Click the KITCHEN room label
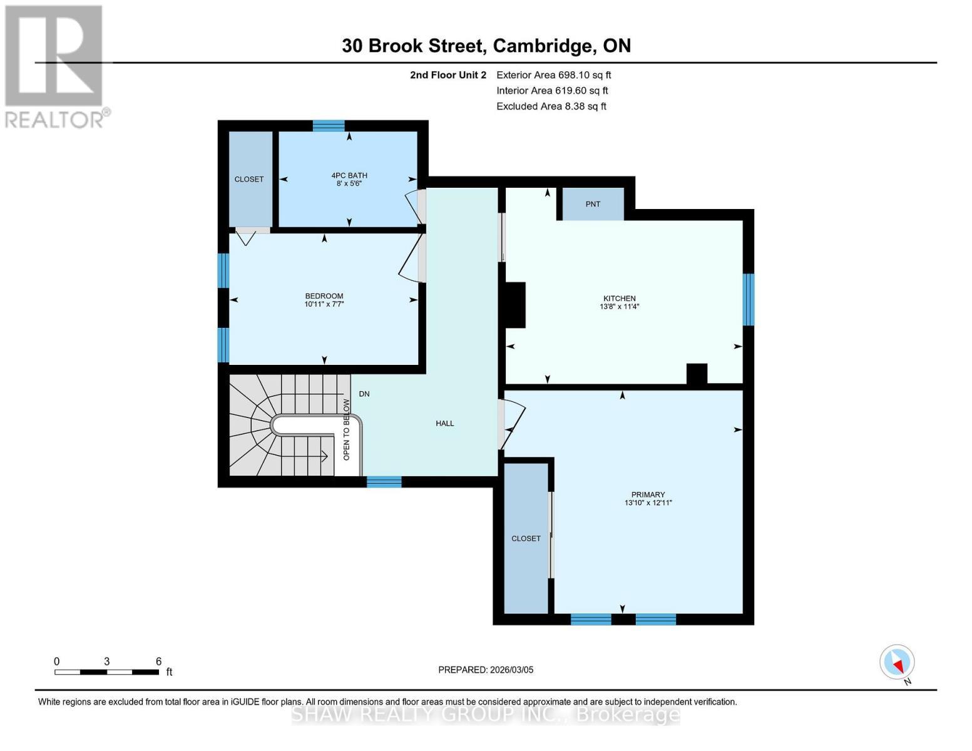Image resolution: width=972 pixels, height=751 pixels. (619, 299)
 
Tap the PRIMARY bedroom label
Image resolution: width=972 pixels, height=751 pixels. (648, 494)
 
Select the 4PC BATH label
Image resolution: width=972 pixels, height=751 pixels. (349, 176)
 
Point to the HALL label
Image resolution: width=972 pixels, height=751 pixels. (445, 424)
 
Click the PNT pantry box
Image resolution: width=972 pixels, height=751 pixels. (593, 204)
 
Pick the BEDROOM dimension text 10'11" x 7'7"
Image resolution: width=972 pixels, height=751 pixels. (324, 304)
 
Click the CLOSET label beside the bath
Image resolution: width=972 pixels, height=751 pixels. (249, 180)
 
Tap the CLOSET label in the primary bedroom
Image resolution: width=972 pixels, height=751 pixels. (526, 539)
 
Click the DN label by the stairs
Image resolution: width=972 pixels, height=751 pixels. (364, 394)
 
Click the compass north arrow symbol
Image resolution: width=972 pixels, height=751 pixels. (898, 662)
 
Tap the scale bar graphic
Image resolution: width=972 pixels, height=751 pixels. (106, 672)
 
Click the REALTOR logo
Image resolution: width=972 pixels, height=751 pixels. (54, 66)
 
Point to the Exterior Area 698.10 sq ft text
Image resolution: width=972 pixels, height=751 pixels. (553, 75)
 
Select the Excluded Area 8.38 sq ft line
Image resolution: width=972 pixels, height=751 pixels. (551, 106)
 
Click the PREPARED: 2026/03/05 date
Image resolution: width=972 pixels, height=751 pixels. (486, 670)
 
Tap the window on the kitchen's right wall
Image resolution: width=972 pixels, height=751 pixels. (748, 299)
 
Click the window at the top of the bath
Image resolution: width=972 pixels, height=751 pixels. (329, 126)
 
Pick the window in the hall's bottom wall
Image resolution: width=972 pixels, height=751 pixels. (384, 481)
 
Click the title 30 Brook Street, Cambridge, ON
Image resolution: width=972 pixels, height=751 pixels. (486, 46)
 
